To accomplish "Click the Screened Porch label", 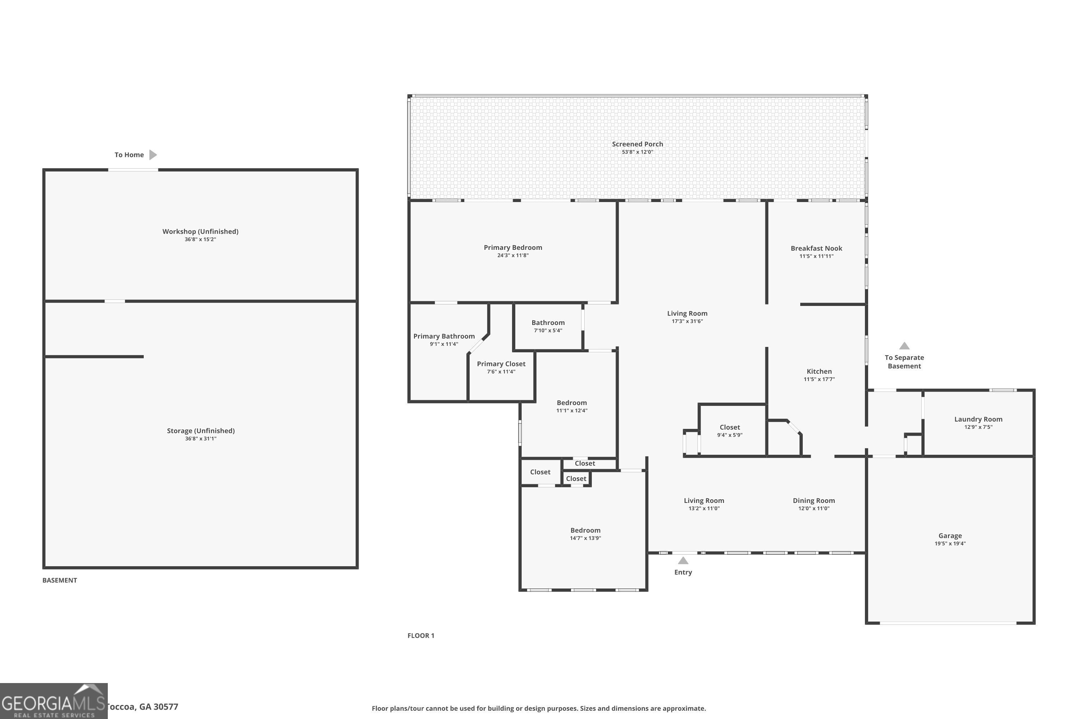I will coord(637,144).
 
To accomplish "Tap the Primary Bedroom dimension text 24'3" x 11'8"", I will coord(513,255).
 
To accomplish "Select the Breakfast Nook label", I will coord(816,248).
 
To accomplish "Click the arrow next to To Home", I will coord(153,155).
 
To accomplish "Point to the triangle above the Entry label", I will coord(683,560).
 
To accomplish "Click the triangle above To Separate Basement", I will coord(904,346).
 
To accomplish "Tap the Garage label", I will coord(950,536).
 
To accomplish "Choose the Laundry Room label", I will coord(978,419).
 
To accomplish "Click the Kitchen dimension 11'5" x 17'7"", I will coord(819,379).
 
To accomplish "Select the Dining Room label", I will coord(814,500).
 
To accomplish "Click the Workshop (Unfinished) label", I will coord(200,231).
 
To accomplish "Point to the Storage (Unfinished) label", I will coord(201,431).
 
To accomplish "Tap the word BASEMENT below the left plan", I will coord(60,580).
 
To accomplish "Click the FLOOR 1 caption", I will coord(421,636).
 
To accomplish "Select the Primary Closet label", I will coord(501,363).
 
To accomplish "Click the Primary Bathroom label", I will coord(444,336).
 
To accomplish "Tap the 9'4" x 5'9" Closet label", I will coord(730,427).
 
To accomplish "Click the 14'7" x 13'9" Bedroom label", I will coord(585,530).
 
